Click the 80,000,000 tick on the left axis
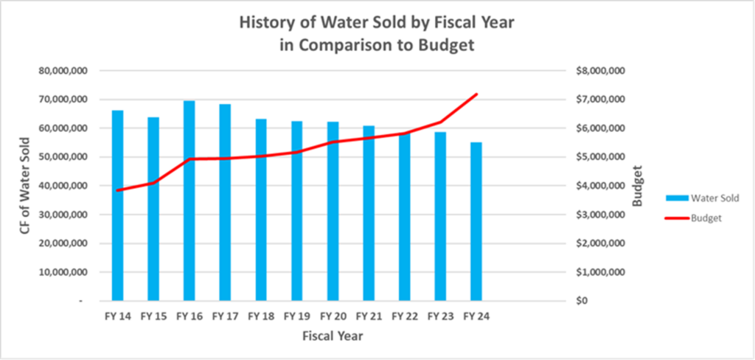point(64,71)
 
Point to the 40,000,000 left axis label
point(64,186)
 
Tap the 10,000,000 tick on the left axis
point(64,272)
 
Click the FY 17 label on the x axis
point(225,316)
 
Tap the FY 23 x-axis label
point(440,316)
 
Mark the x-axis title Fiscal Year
point(332,336)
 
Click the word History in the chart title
point(265,22)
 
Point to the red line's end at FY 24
point(476,94)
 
